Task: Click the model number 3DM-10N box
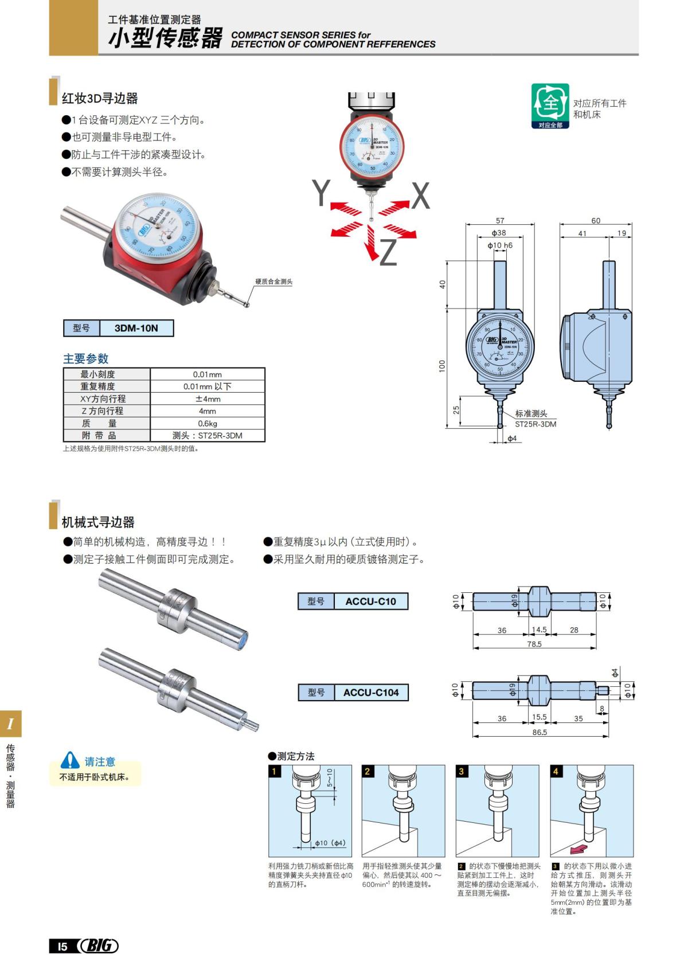pos(136,328)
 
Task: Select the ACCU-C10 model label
pos(370,601)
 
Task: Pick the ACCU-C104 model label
pos(371,692)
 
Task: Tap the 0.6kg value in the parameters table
pos(208,423)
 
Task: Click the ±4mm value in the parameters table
pos(208,398)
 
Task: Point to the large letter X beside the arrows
pos(421,196)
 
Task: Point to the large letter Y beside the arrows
pos(321,193)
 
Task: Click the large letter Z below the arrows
pos(388,252)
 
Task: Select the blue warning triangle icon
pos(70,760)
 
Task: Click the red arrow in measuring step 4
pos(578,848)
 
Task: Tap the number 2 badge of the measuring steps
pos(368,771)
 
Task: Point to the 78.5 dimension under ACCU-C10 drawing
pos(534,644)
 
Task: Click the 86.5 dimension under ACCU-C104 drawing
pos(540,732)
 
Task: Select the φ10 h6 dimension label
pos(500,245)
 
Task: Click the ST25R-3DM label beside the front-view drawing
pos(535,424)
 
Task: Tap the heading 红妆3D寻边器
pos(100,98)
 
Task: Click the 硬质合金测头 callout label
pos(273,282)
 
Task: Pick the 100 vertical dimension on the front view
pos(442,366)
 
